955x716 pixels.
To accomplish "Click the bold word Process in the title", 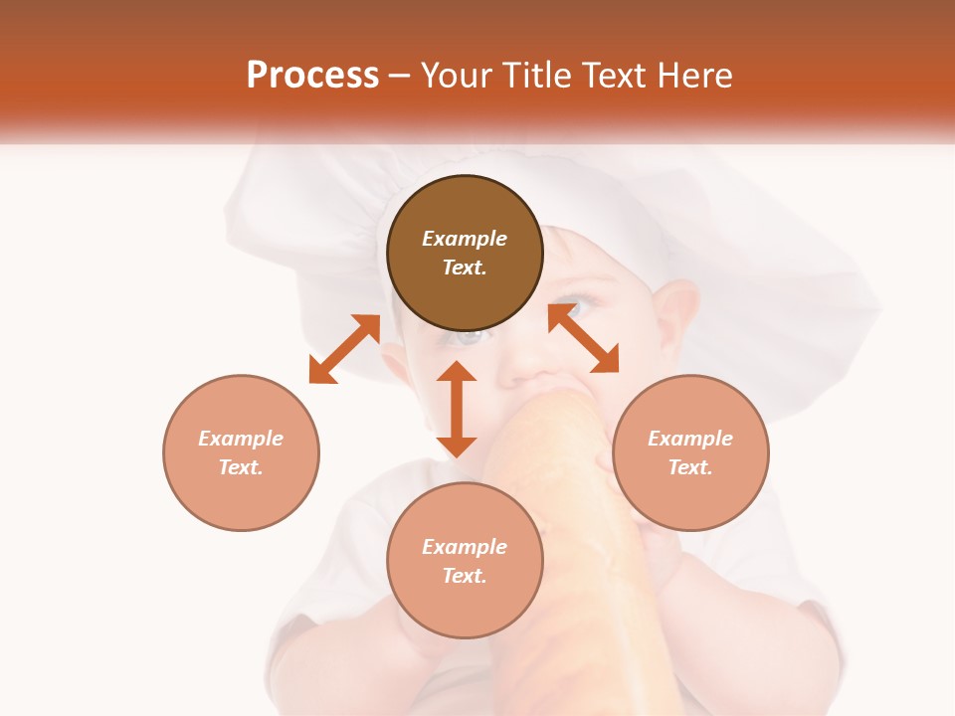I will (312, 75).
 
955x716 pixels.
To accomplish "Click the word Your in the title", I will (456, 75).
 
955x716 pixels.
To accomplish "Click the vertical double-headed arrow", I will (457, 409).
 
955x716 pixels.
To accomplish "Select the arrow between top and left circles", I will (344, 349).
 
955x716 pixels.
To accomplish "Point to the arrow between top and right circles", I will (583, 339).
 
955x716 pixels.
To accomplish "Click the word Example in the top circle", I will (465, 239).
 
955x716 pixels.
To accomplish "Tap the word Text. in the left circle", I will (241, 467).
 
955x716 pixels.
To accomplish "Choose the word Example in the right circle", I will (690, 439).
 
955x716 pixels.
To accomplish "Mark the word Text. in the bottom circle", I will (465, 576).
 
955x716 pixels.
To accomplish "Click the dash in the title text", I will (400, 76).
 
